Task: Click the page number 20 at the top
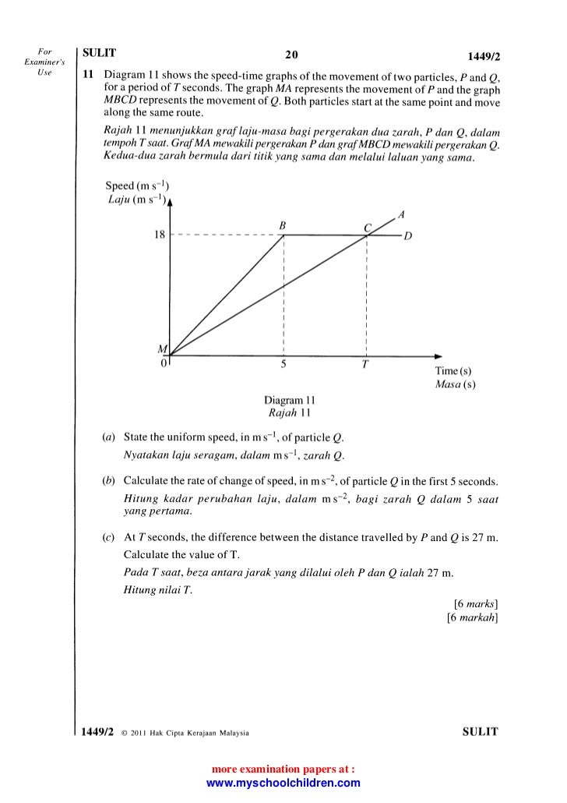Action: click(292, 55)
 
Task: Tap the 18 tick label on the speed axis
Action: click(160, 235)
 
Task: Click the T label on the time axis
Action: click(364, 367)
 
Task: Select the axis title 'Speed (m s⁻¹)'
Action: click(137, 187)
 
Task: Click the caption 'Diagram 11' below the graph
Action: click(289, 399)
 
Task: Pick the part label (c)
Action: click(109, 539)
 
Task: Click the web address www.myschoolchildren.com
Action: click(283, 784)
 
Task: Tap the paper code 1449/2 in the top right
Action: click(479, 56)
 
